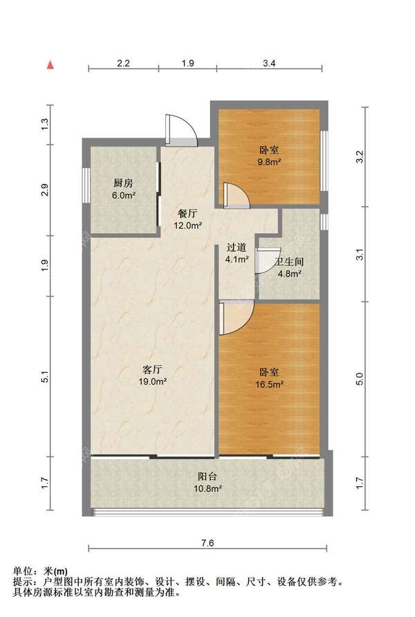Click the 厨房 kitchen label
[124, 184]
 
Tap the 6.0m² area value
[124, 196]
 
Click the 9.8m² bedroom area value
[270, 163]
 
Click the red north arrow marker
[50, 65]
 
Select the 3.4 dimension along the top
[270, 63]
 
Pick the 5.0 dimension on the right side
[359, 380]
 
